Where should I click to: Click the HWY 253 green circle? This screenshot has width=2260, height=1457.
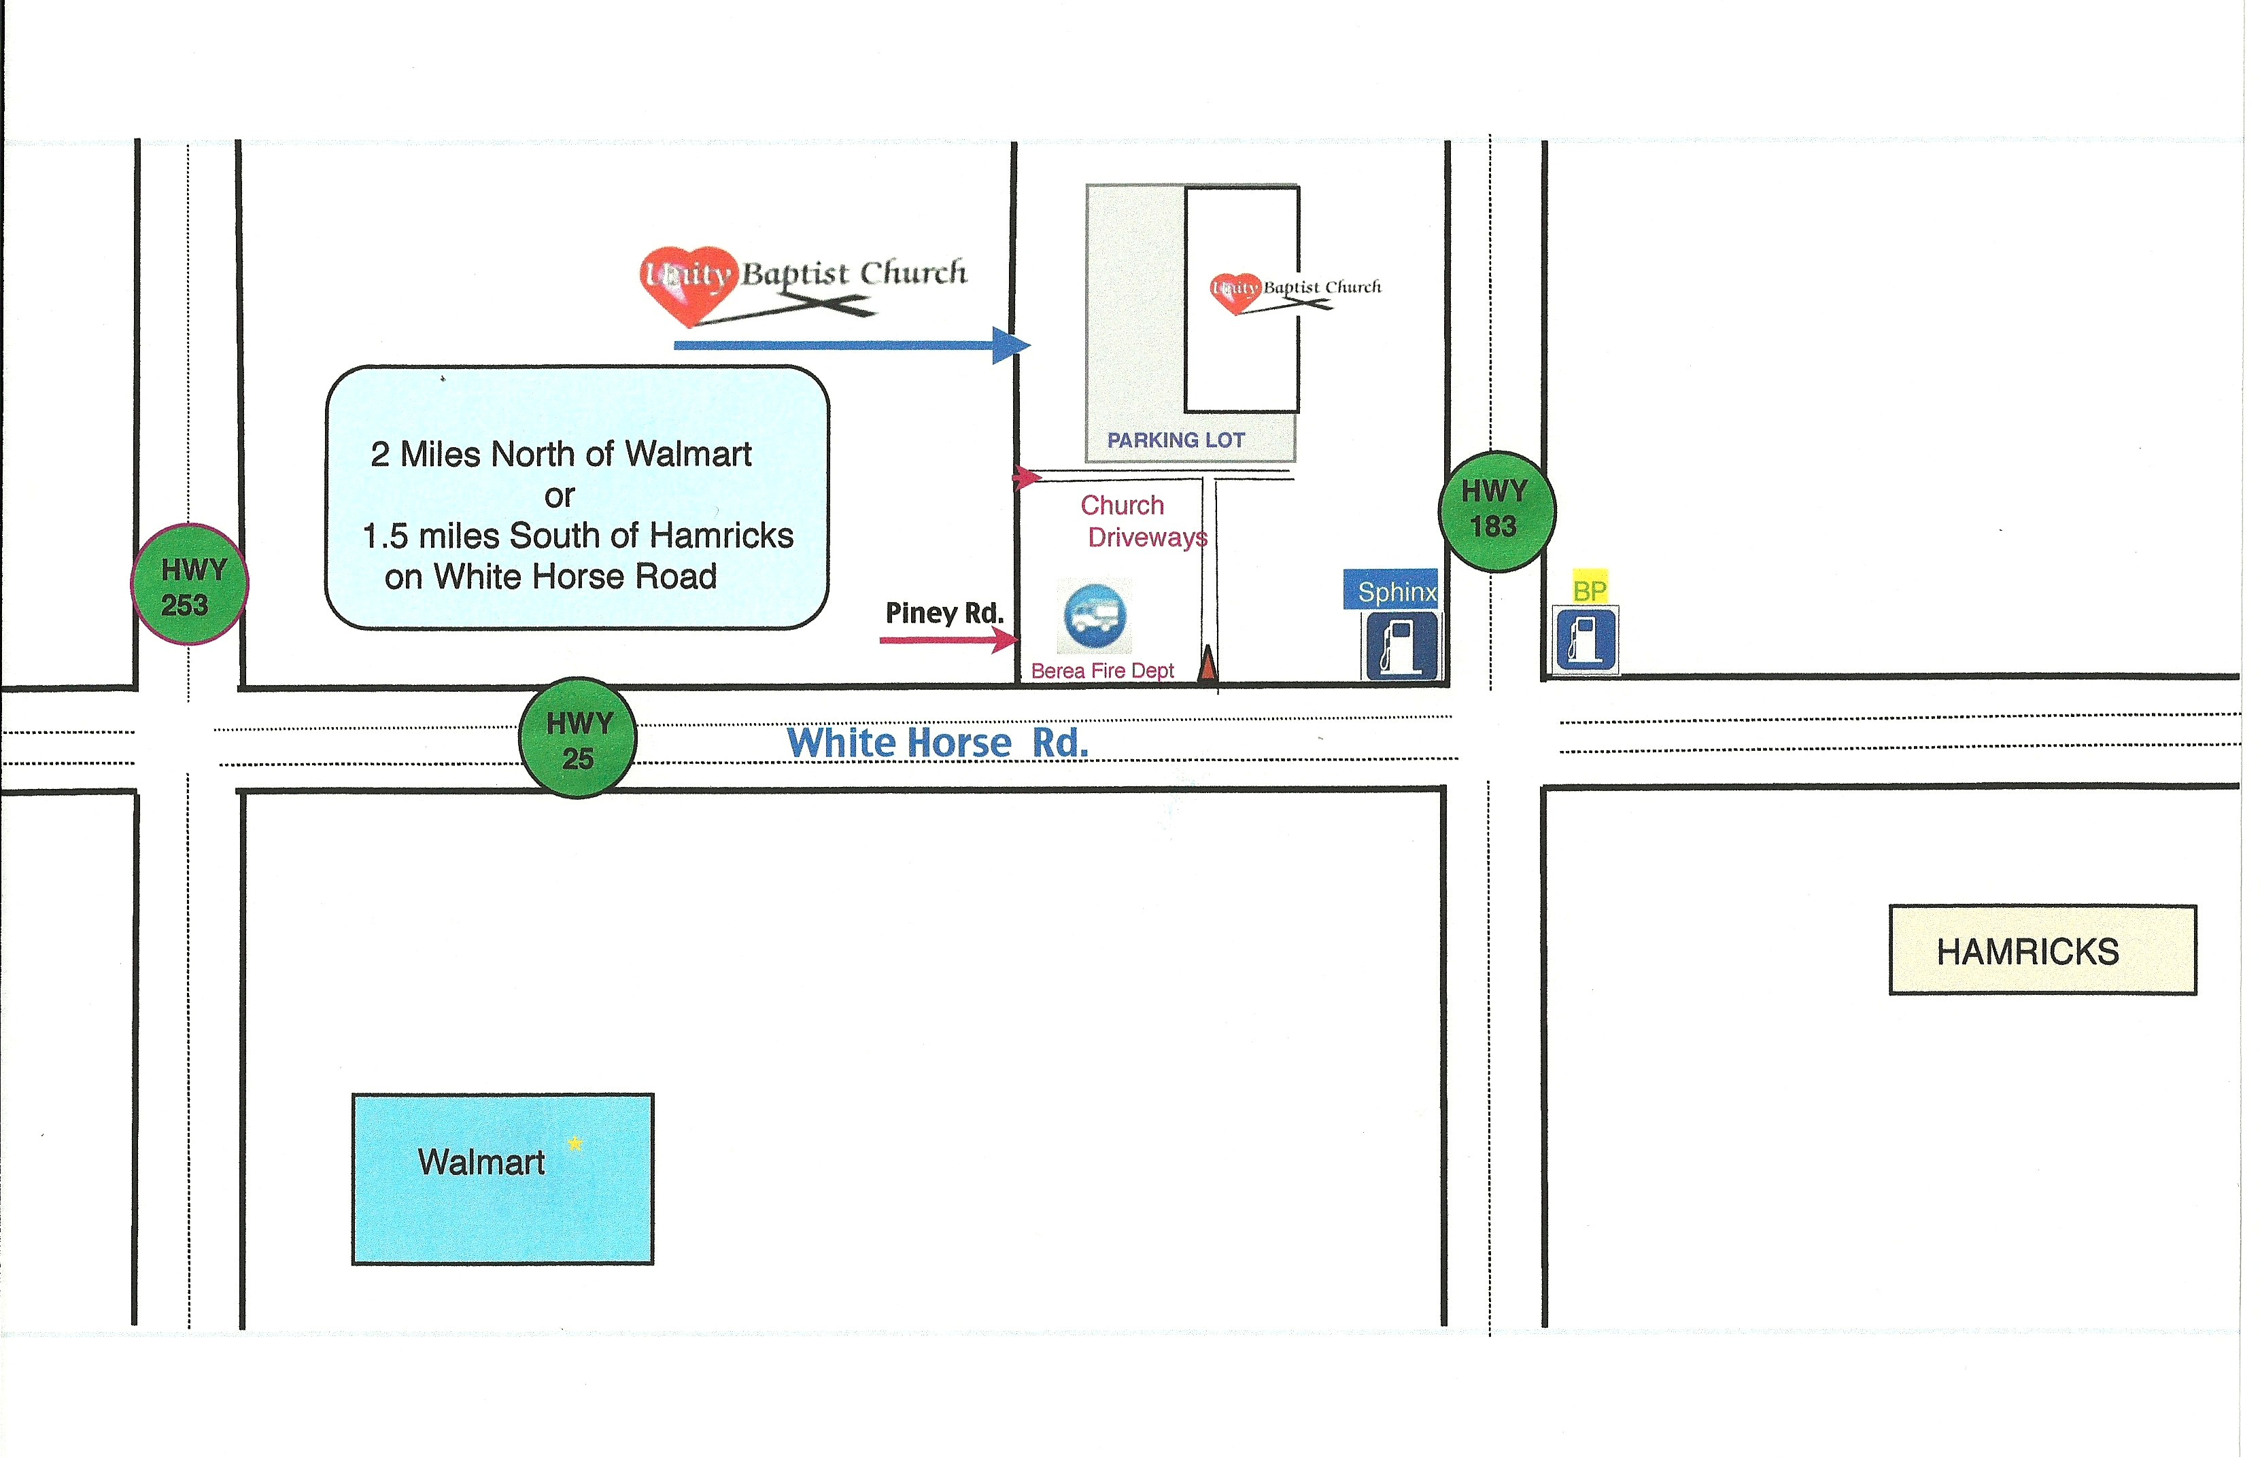(189, 584)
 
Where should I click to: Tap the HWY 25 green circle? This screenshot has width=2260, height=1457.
(577, 738)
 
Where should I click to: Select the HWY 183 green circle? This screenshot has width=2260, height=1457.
(1495, 511)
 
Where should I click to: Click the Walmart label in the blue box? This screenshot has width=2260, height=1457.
(481, 1162)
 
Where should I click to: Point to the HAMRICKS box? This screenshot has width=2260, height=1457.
(2042, 951)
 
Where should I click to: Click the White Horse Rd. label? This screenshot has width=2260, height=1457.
(937, 743)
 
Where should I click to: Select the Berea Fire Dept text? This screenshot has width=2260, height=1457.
(1101, 671)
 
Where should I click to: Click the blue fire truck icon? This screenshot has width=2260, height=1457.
(1095, 616)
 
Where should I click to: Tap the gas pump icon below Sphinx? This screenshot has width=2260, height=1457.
(1400, 645)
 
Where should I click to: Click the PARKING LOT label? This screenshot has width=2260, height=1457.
(1176, 440)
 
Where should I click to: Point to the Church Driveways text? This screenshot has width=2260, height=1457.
(1140, 521)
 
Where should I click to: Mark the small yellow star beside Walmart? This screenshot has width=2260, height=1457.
(575, 1144)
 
